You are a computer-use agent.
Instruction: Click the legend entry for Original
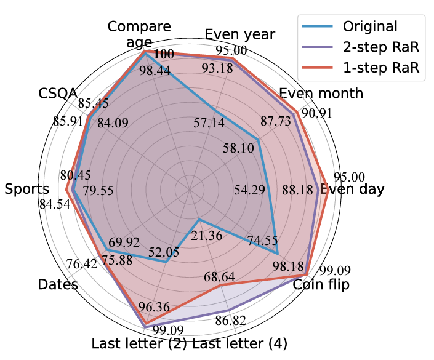click(x=370, y=26)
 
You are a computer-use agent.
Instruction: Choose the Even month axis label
click(x=321, y=94)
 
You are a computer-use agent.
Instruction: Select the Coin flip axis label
click(x=321, y=285)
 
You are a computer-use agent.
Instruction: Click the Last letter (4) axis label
click(x=240, y=343)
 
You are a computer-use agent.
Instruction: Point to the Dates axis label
click(x=58, y=285)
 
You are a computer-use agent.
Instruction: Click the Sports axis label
click(x=26, y=190)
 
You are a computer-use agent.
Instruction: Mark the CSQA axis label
click(x=58, y=94)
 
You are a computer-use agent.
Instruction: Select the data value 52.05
click(x=164, y=252)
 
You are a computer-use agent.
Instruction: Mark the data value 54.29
click(x=249, y=190)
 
